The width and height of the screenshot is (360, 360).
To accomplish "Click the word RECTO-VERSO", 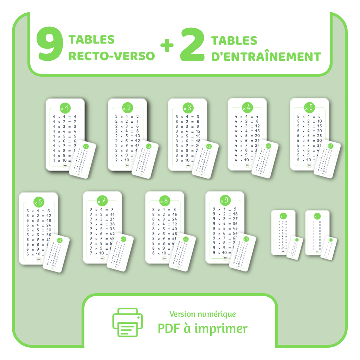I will tap(111, 56).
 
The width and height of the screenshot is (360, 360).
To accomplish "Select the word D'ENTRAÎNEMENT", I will tap(266, 57).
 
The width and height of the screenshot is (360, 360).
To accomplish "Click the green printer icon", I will tap(127, 322).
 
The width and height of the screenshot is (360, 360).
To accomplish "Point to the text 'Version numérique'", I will tap(202, 314).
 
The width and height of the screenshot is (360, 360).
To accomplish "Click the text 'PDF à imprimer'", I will tap(202, 329).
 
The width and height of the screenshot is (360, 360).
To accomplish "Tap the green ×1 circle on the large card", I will tap(65, 108).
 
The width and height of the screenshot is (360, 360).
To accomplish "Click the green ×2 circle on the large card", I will tap(127, 108).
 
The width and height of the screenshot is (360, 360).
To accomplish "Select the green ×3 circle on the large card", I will tap(187, 108).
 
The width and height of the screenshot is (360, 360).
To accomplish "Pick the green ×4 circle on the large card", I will tap(247, 107).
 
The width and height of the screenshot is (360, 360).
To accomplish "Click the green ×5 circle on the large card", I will tap(309, 107).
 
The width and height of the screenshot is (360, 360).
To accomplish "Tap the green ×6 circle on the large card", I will tap(39, 202).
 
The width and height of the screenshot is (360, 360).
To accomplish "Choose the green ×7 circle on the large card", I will tap(102, 201).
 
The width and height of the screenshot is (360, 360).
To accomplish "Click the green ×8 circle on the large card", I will tap(165, 201).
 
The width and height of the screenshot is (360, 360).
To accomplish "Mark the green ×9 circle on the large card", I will tap(225, 200).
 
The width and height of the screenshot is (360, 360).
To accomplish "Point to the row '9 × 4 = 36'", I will tap(225, 224).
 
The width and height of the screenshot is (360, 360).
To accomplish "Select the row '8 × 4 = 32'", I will tap(165, 224).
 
